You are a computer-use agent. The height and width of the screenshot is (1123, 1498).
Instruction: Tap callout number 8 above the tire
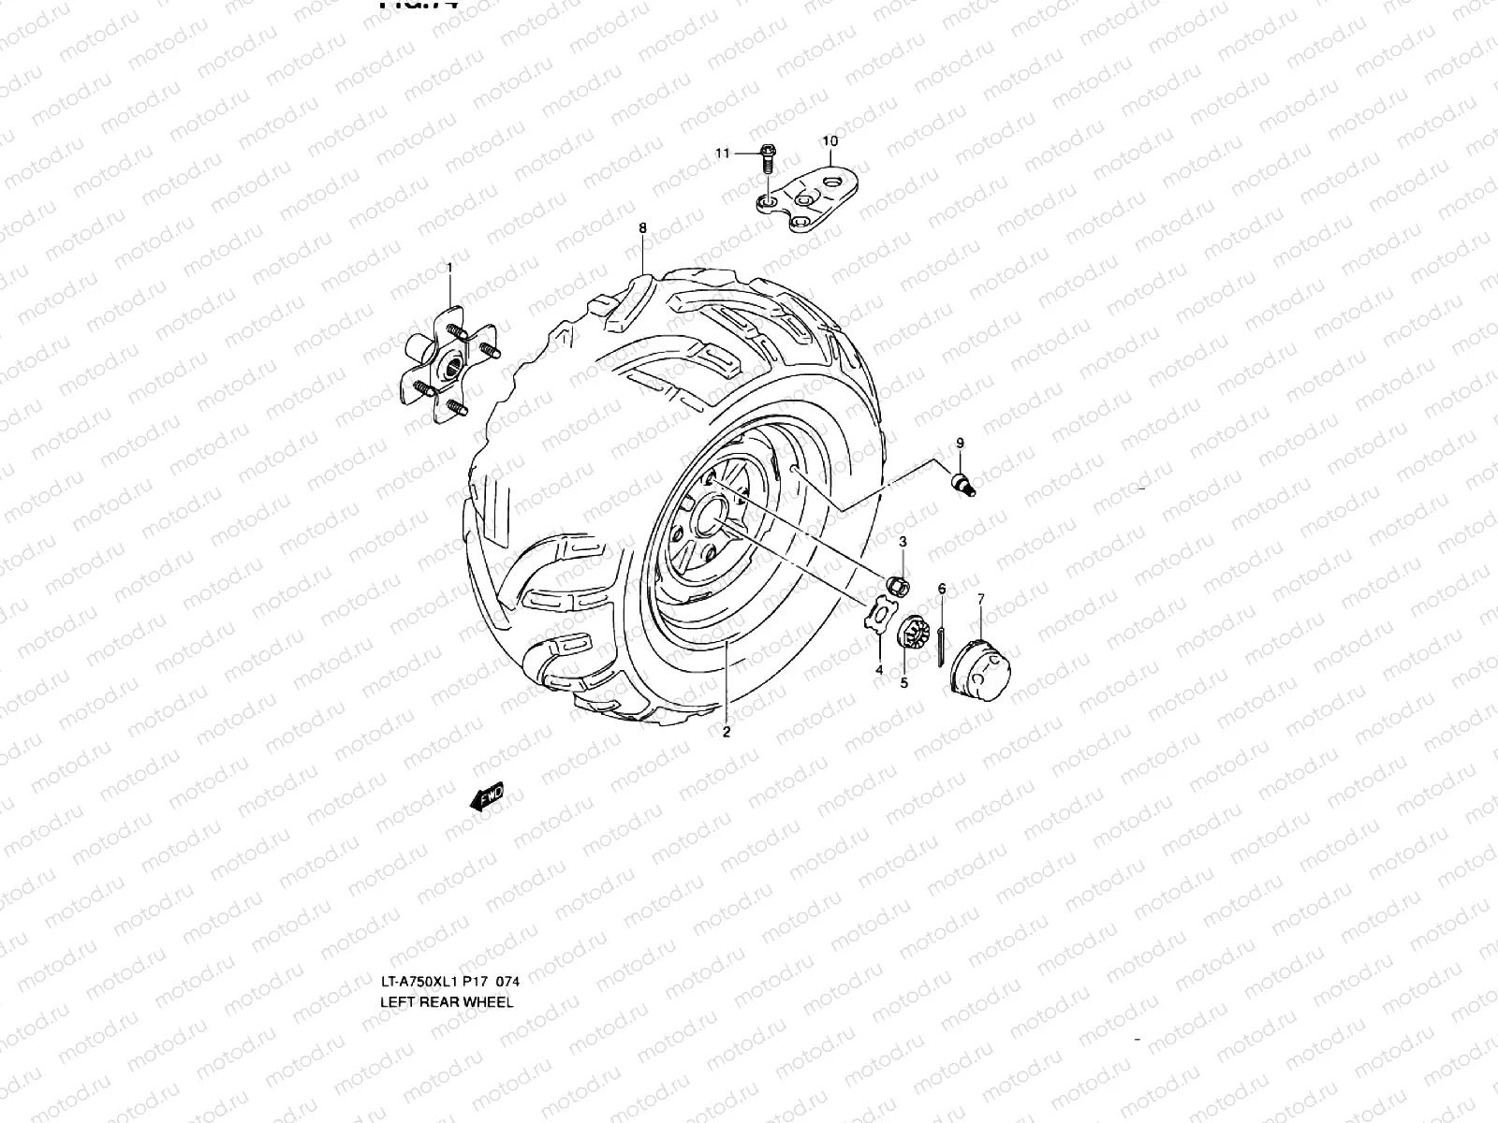642,227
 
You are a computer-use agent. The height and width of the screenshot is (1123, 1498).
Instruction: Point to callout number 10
830,141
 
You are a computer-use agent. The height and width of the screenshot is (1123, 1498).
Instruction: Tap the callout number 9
960,442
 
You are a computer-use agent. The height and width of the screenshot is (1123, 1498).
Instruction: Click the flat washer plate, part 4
878,620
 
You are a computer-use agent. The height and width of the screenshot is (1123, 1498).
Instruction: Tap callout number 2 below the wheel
726,732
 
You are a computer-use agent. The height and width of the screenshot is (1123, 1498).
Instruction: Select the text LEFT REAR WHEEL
446,1001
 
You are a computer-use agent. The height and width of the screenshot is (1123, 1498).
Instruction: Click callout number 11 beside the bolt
722,153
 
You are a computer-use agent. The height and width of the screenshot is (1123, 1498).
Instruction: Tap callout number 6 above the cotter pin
941,589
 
